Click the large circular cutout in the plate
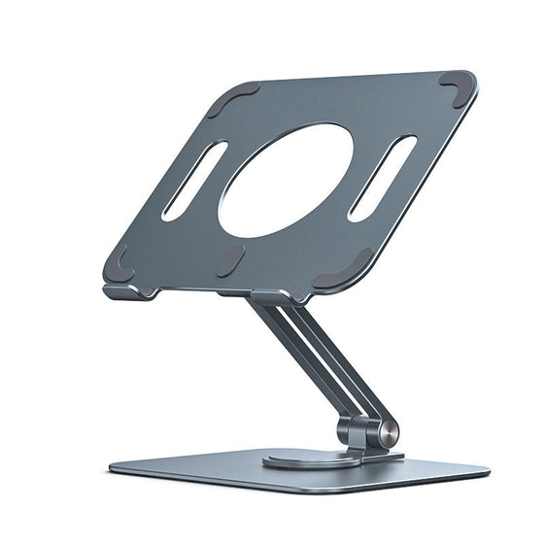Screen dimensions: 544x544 (286, 180)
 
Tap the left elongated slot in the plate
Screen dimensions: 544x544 (194, 181)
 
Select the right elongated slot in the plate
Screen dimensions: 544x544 (383, 177)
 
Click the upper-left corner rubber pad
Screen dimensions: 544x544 (232, 99)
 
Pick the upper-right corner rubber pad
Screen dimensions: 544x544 (456, 87)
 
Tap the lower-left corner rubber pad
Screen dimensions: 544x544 (118, 260)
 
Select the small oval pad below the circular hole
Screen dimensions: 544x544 (231, 260)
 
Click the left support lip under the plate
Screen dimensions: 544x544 (129, 290)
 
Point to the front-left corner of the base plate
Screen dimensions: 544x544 (115, 470)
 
